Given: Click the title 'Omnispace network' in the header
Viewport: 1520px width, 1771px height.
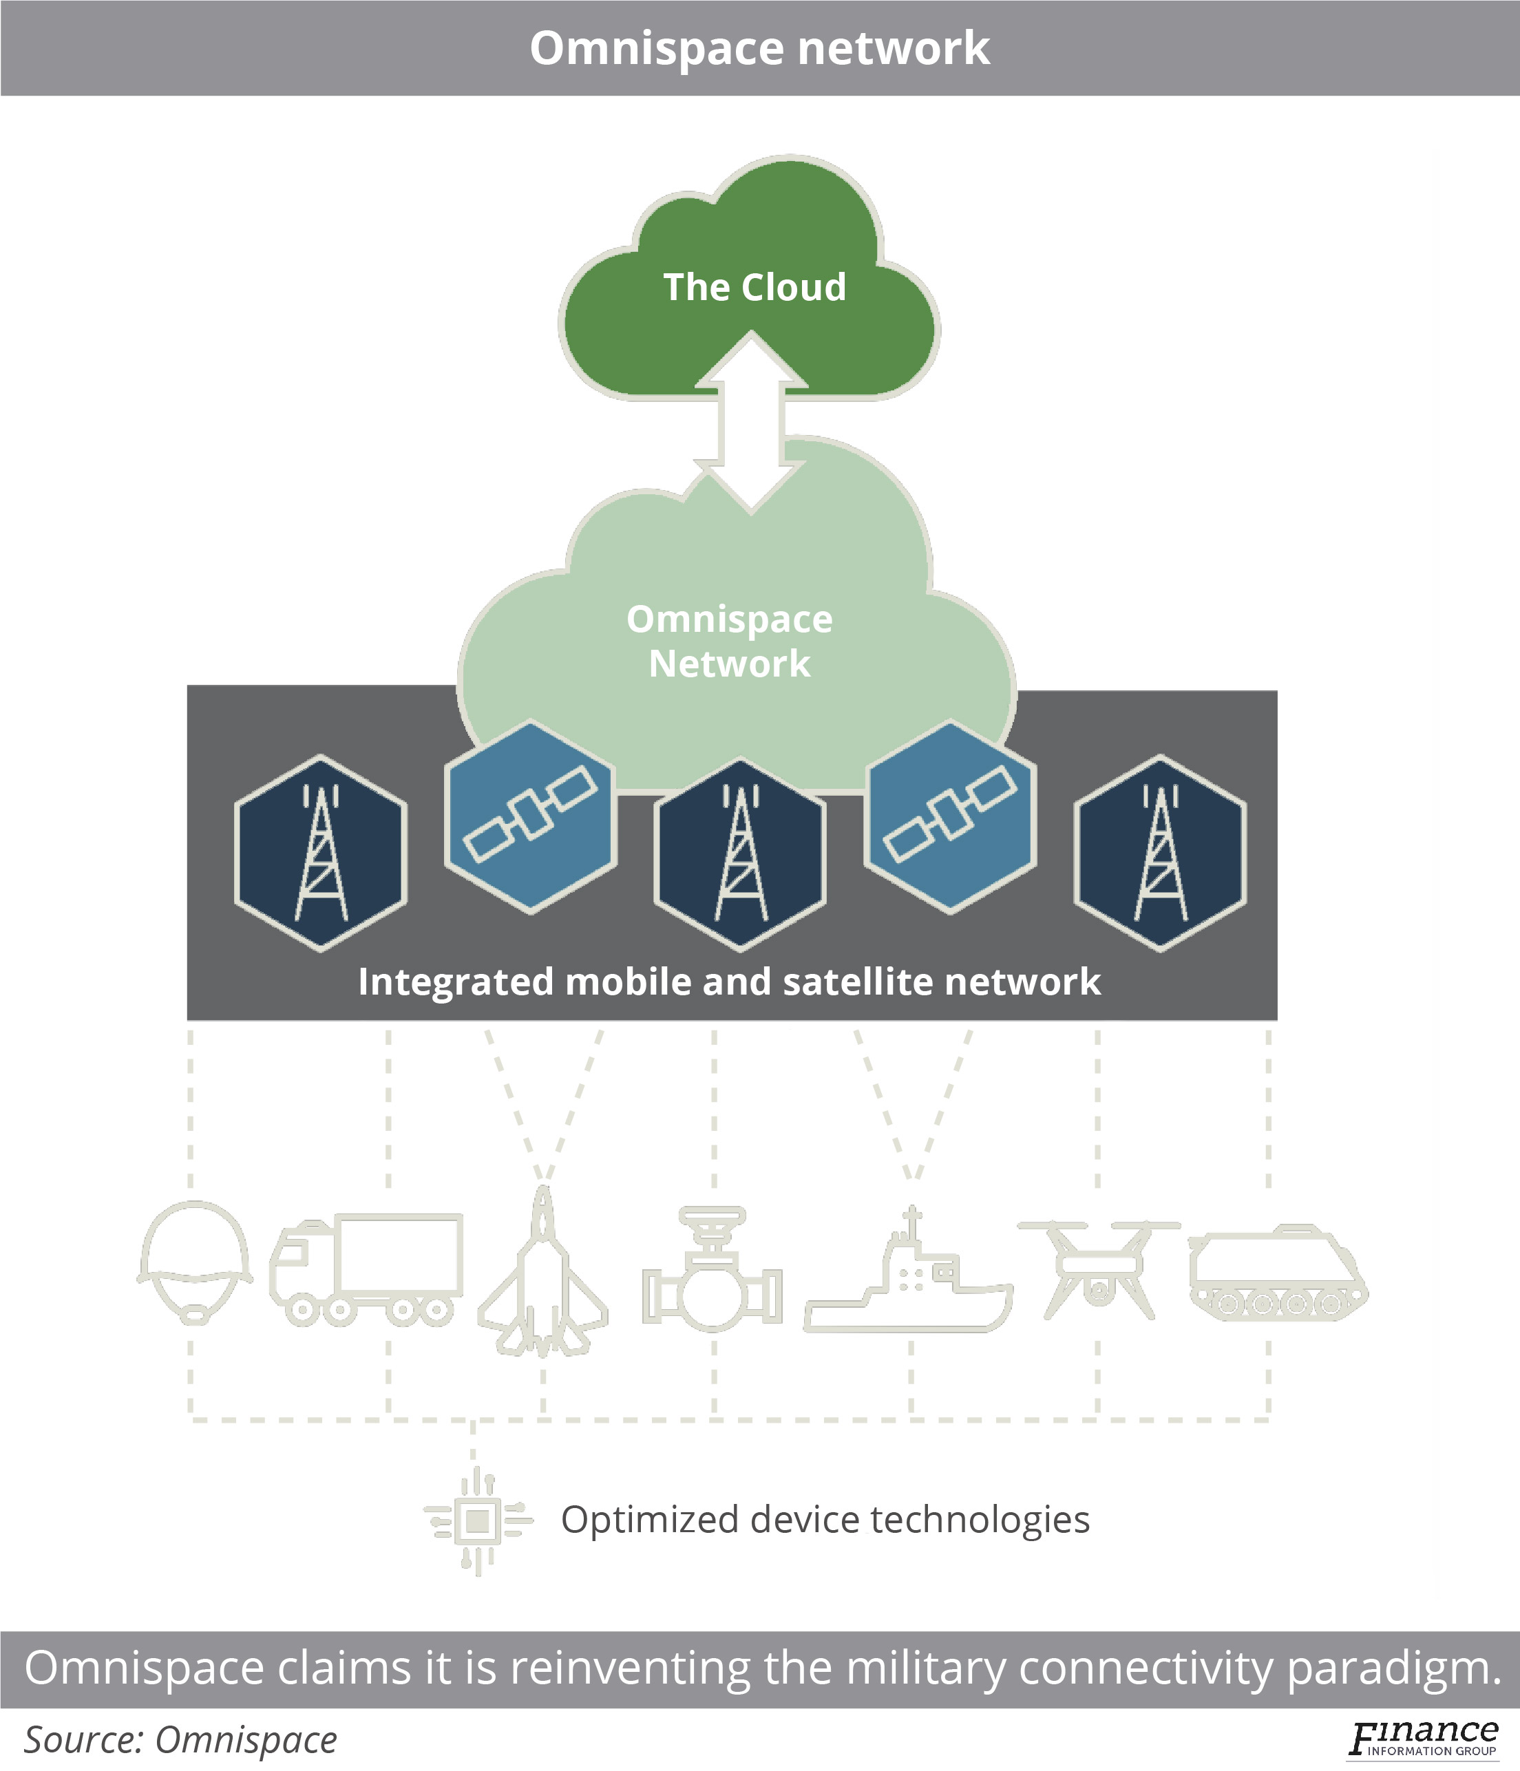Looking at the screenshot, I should coord(759,48).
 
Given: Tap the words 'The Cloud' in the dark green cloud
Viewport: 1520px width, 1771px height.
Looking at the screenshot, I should coord(754,287).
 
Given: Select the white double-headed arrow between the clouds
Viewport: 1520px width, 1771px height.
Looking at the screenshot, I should coord(750,423).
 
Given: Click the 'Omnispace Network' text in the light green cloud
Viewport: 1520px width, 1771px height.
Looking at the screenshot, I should coord(729,641).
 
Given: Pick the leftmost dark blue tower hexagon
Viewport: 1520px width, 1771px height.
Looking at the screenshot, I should coord(321,853).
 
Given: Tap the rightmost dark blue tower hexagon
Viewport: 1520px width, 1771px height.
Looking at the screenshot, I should coord(1160,853).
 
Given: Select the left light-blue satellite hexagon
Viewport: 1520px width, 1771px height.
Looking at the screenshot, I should coord(530,817).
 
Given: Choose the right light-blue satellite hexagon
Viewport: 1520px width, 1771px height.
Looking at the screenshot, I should coord(951,817).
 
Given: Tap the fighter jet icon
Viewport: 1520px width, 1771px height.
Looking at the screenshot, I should coord(543,1273).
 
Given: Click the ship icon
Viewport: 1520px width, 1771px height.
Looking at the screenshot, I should coord(909,1273).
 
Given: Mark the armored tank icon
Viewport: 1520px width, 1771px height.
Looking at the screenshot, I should coord(1277,1273).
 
